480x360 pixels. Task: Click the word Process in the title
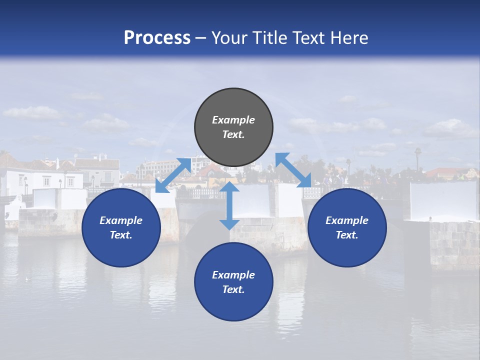(157, 38)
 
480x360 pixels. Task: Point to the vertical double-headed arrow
(229, 205)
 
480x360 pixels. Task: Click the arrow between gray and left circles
(173, 175)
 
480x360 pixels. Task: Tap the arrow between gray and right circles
(293, 170)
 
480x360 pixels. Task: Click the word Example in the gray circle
(233, 120)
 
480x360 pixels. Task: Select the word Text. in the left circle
(121, 235)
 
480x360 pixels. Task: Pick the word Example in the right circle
(347, 220)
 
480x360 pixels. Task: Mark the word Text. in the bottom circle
(233, 289)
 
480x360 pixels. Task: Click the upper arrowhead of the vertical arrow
(229, 187)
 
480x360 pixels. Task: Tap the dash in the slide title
(200, 38)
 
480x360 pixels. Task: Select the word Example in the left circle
(121, 220)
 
